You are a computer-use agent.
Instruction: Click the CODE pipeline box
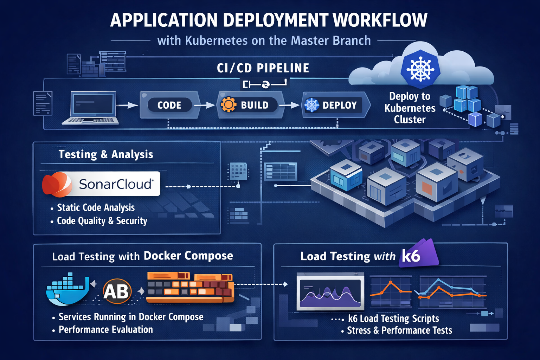(x=169, y=105)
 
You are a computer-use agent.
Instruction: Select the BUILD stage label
(x=255, y=105)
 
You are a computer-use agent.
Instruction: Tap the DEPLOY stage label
(x=339, y=105)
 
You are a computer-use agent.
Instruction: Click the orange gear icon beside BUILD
(x=228, y=105)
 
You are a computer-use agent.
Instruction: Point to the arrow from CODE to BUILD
(x=204, y=105)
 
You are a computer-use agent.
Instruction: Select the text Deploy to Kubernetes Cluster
(x=410, y=108)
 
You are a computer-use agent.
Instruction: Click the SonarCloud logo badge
(x=101, y=184)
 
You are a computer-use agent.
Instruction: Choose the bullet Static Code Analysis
(x=96, y=208)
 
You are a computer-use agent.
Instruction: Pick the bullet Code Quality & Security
(x=102, y=221)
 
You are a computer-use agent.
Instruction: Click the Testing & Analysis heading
(x=106, y=154)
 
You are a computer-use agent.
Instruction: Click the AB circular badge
(x=117, y=291)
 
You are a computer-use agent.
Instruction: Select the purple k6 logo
(x=418, y=254)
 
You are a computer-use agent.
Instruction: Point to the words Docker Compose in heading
(x=188, y=256)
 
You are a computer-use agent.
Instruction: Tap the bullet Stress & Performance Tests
(x=399, y=330)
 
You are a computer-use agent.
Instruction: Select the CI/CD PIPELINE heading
(x=263, y=68)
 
